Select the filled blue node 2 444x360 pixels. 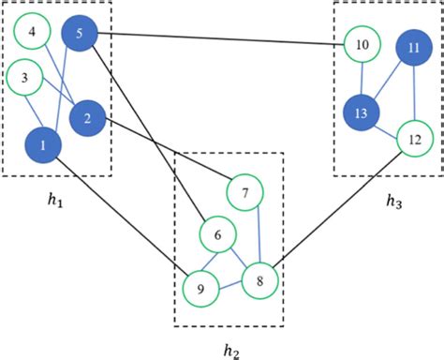(87, 118)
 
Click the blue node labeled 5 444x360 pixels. (80, 35)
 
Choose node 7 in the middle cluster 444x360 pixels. (245, 193)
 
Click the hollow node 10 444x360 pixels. (362, 44)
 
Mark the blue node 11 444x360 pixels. (413, 48)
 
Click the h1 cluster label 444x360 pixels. (55, 201)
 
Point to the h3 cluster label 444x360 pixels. (393, 201)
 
